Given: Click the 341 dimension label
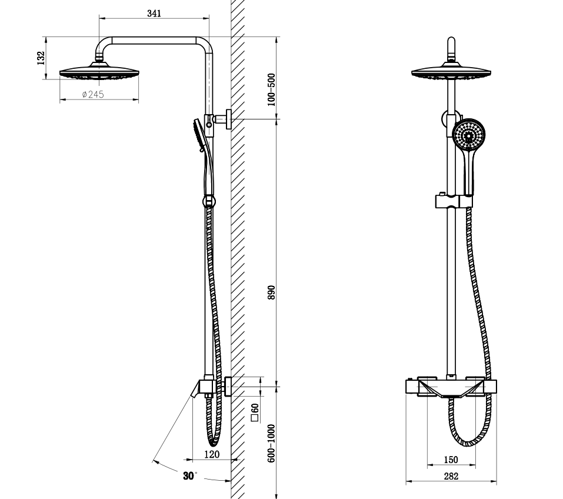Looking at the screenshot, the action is click(x=154, y=14).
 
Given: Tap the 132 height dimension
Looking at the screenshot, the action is click(x=41, y=58).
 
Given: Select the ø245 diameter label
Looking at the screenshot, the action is click(x=93, y=94).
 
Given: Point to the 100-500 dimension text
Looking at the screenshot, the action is click(x=271, y=90).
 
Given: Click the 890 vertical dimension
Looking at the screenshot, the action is click(x=271, y=293).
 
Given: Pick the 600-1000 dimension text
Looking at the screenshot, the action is click(x=271, y=443).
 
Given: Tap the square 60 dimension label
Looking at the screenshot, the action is click(x=255, y=412).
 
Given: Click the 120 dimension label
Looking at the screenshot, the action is click(x=212, y=454).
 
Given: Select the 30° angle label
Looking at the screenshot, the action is click(x=190, y=476).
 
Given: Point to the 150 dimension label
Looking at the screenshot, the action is click(x=451, y=460).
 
